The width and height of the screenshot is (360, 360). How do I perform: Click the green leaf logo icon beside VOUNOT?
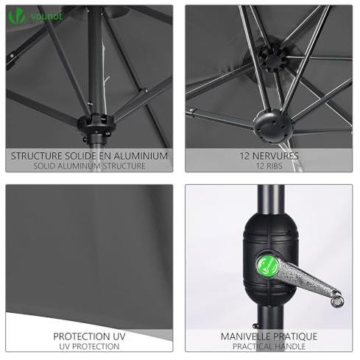(17, 15)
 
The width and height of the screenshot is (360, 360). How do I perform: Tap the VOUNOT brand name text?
(46, 16)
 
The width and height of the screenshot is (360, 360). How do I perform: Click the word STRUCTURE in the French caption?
(36, 156)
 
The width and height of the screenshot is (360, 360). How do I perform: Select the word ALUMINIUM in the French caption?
(141, 156)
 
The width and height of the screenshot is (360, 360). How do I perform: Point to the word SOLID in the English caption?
(43, 166)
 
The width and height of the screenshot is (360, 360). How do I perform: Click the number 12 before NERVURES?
(244, 156)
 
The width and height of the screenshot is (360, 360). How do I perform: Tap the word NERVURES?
(275, 156)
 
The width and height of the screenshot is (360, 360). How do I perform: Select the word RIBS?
(274, 166)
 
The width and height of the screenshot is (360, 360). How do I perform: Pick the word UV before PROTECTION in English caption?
(64, 347)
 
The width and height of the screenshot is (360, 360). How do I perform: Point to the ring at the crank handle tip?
(336, 300)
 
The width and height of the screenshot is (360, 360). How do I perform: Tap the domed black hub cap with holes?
(273, 126)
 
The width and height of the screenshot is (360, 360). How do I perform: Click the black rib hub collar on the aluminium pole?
(96, 124)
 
